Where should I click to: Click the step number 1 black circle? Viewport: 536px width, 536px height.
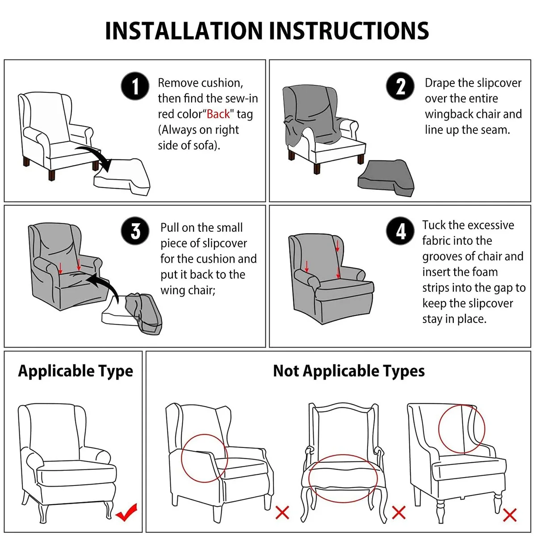point(135,86)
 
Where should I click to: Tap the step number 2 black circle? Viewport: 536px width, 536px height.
point(400,86)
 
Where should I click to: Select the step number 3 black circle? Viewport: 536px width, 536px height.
point(135,230)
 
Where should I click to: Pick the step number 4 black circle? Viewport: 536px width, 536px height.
point(400,230)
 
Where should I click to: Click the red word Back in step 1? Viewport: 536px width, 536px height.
point(218,114)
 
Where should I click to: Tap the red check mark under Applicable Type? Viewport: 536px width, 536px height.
point(126,512)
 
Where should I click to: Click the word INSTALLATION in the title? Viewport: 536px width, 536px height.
point(184,31)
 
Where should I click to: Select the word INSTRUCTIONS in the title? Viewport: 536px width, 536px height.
point(349,31)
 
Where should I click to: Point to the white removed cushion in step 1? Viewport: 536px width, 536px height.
point(122,177)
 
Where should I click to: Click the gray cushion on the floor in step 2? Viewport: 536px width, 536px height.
point(386,178)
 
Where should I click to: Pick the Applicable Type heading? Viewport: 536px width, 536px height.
point(75,371)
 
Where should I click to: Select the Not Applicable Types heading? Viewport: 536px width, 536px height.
point(349,371)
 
